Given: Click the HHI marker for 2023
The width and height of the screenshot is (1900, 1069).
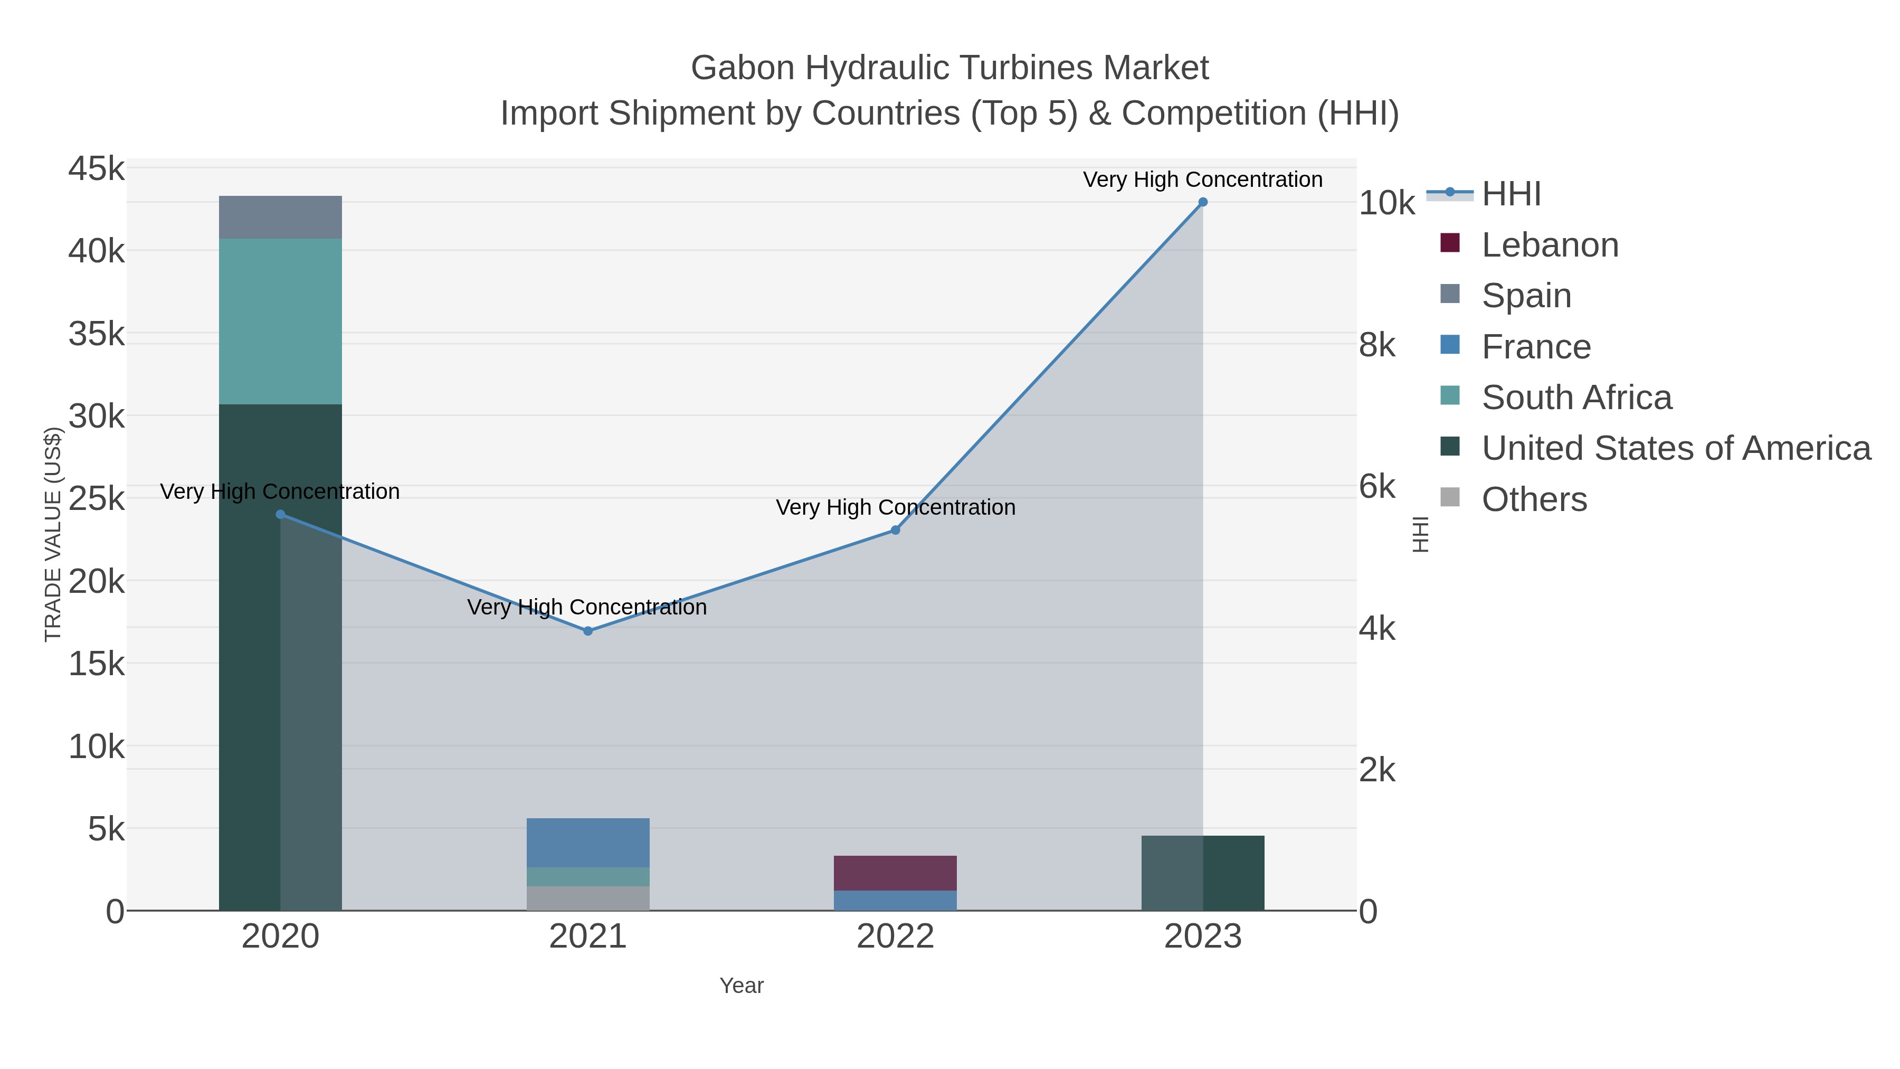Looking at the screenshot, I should (x=1202, y=202).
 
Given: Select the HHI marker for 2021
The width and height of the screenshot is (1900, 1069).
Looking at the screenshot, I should (x=588, y=631).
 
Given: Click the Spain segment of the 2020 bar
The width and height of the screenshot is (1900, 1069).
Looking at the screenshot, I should (x=280, y=217).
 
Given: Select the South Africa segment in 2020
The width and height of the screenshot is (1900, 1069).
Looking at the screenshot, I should (x=280, y=321).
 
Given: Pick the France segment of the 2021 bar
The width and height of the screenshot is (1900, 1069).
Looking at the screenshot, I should (x=588, y=843).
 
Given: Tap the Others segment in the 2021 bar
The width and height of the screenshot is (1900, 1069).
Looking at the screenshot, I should (x=588, y=898).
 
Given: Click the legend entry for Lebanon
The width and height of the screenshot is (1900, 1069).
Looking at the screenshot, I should (x=1549, y=245).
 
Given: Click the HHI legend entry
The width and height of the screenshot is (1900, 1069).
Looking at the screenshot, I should (x=1510, y=194).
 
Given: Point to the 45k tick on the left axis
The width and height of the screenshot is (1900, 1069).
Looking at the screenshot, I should (x=97, y=169).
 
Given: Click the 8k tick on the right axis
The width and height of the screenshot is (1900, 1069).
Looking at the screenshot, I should (x=1377, y=345).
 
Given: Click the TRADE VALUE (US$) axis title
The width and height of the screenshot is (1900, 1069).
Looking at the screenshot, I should (x=53, y=534).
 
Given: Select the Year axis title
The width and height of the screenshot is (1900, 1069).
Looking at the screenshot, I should (x=742, y=986).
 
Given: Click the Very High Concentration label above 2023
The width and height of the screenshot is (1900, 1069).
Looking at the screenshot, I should (x=1202, y=179).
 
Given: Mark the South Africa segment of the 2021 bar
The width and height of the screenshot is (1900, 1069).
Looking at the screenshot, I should (x=588, y=876).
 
